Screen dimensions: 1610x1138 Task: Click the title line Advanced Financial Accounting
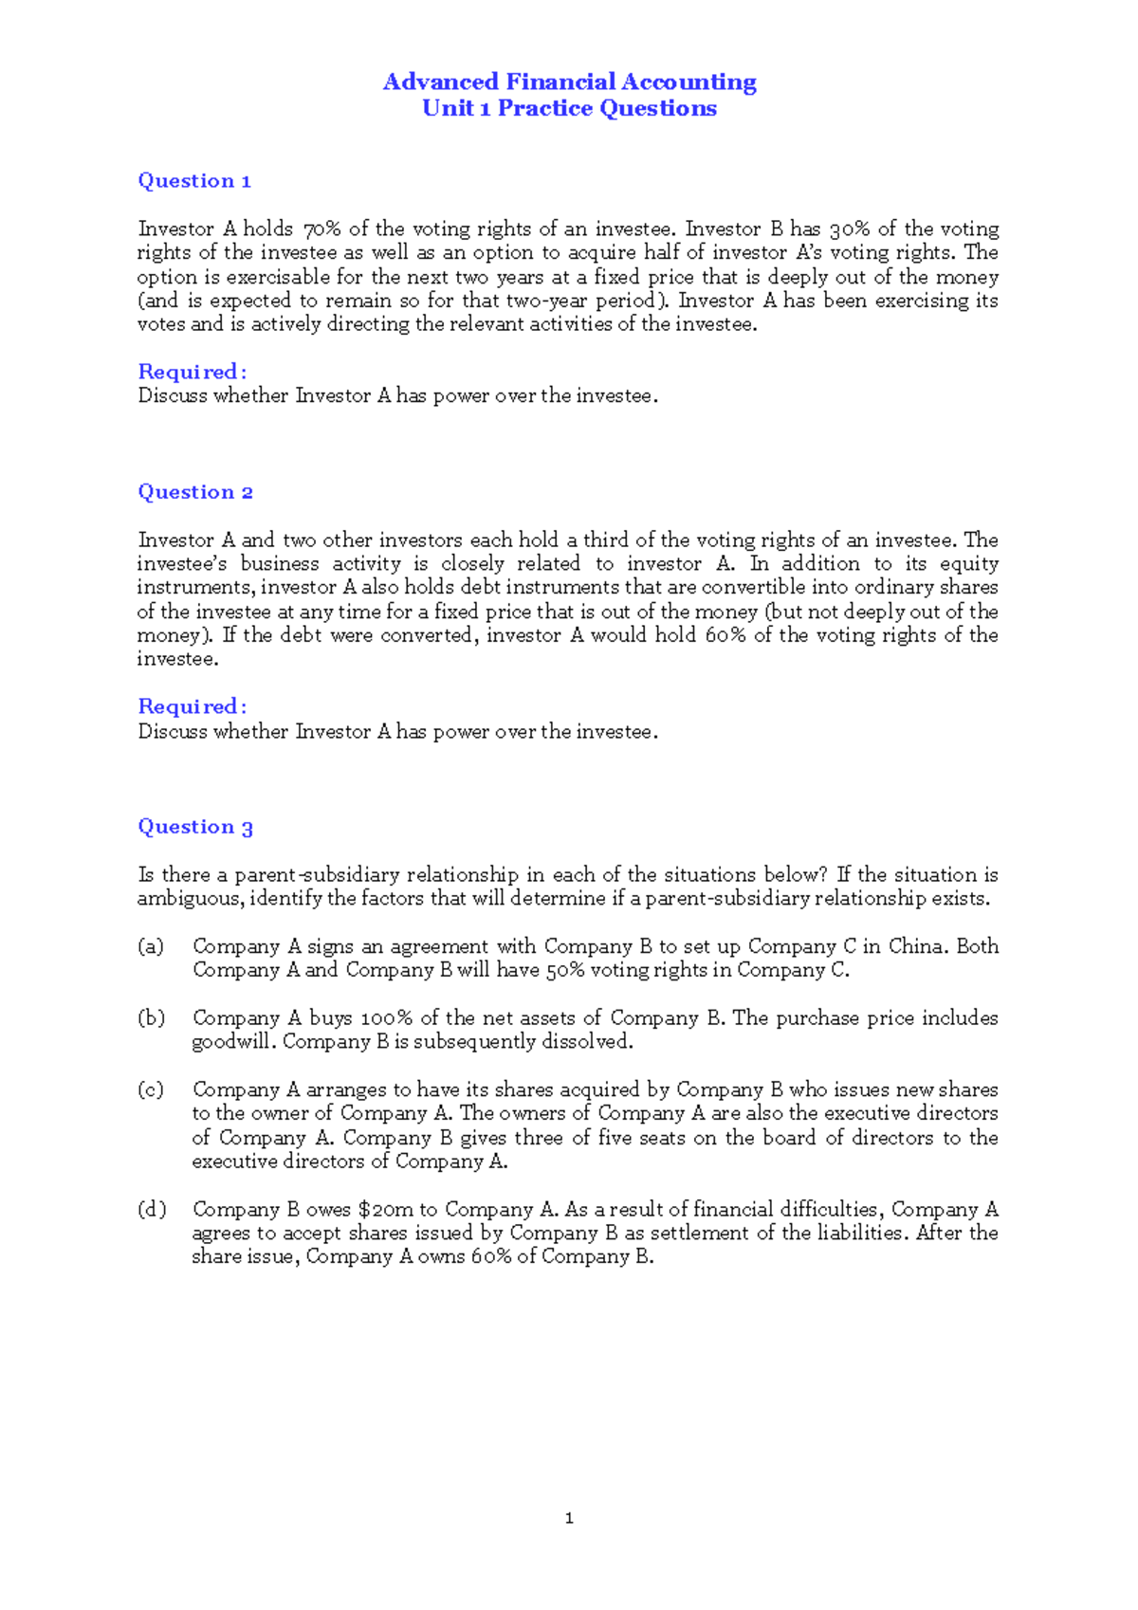[x=569, y=82]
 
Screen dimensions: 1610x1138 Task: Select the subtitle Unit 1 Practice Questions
[x=569, y=108]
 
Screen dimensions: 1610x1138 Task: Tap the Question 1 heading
[x=194, y=181]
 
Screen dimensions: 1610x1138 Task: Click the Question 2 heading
[x=195, y=492]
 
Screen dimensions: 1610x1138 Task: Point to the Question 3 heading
[x=195, y=827]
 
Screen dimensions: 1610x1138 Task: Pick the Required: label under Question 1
[x=192, y=372]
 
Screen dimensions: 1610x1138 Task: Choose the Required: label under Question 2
[x=192, y=706]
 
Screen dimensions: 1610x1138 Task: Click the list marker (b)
[x=151, y=1018]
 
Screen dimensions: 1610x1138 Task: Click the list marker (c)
[x=151, y=1090]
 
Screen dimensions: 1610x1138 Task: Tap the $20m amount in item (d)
[x=386, y=1210]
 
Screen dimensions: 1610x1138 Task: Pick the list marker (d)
[x=151, y=1210]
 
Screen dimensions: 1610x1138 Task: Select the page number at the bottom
[x=569, y=1519]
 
